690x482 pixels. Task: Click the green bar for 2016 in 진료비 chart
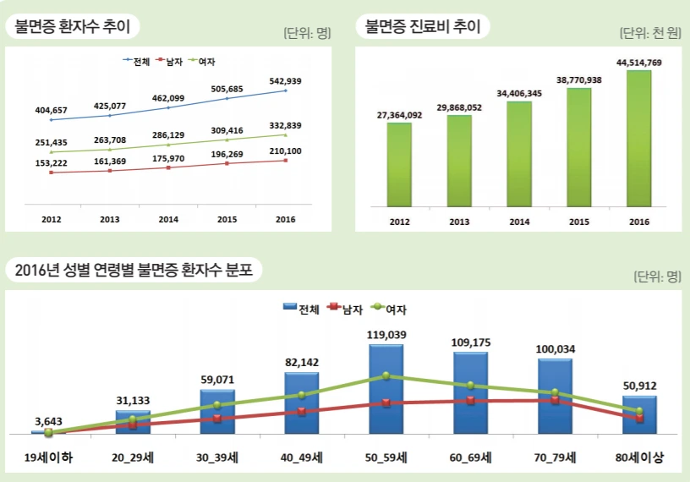638,137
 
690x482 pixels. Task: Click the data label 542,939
285,81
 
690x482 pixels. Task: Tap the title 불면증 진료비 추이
423,27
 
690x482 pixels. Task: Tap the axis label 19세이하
48,457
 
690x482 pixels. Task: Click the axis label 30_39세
216,457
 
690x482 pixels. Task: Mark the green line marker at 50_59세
386,376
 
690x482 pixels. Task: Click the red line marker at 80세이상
639,418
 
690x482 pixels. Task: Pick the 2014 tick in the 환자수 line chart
168,219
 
